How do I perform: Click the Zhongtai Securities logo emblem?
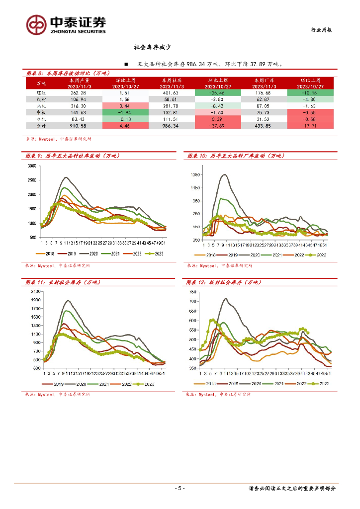(36, 23)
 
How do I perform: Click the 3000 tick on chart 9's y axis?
(32, 166)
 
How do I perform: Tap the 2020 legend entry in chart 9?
(93, 254)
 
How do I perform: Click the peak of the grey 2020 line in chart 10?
(225, 174)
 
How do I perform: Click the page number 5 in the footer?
(180, 489)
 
